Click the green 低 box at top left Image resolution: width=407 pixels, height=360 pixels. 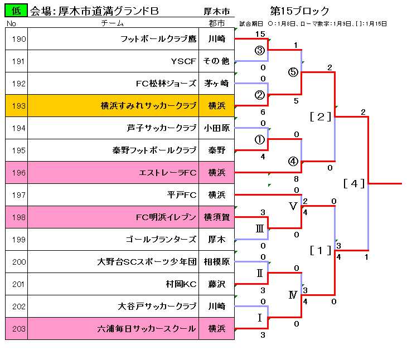pos(16,11)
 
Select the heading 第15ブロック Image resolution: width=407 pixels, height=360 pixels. pos(299,11)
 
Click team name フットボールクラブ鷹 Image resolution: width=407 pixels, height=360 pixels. pos(158,38)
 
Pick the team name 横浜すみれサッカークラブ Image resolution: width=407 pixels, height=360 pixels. pos(148,105)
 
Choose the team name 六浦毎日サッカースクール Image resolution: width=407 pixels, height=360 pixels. pos(147,328)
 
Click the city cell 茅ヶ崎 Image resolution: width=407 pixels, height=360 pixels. pos(216,83)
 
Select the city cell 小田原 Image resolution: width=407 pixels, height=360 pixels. pos(216,128)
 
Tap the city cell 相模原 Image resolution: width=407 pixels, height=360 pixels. pos(216,261)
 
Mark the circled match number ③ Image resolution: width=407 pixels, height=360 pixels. pos(259,50)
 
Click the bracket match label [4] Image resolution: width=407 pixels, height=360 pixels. pos(354,183)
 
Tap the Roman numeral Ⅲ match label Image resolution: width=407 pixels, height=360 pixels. pos(259,228)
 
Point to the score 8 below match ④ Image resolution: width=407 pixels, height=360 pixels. pos(296,179)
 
